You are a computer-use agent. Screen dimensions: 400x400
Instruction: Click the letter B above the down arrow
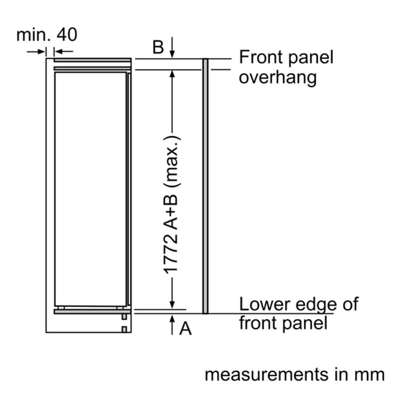pos(158,47)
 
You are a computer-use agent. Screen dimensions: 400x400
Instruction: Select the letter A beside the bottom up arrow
pos(185,328)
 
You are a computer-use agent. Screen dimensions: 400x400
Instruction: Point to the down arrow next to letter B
pos(172,48)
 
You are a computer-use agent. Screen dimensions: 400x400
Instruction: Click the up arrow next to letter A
pos(172,325)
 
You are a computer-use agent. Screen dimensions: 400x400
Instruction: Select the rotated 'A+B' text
pos(171,212)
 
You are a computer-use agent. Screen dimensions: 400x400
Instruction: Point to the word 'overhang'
pos(278,77)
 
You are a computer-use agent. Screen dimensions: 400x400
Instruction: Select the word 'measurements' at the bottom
pos(267,375)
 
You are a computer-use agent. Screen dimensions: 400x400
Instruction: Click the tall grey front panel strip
pos(205,186)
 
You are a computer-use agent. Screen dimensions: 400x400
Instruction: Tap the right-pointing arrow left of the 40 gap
pos(36,51)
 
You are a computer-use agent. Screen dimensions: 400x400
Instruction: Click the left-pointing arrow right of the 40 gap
pos(64,51)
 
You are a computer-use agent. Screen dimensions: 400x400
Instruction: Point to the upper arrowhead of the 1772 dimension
pos(172,75)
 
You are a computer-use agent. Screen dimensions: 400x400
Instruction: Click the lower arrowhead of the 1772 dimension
pos(172,304)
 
